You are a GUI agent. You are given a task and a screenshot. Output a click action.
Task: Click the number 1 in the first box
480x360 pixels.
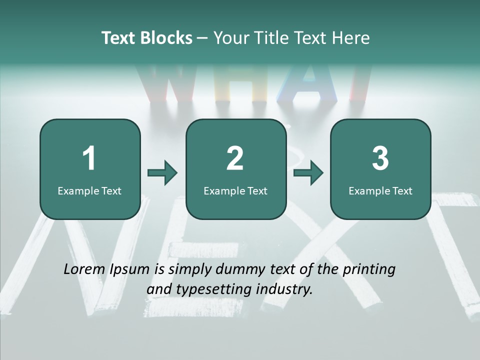coord(89,158)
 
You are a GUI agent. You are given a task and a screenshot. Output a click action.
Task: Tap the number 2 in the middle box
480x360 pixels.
coord(235,158)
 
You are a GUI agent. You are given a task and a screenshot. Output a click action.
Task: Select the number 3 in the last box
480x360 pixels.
coord(380,158)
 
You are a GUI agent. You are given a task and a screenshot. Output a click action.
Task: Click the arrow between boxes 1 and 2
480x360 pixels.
coord(162,173)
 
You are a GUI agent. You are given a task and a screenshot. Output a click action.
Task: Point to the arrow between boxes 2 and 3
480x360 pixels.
coord(308,173)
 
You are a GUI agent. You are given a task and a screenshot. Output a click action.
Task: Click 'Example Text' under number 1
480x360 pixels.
coord(89,191)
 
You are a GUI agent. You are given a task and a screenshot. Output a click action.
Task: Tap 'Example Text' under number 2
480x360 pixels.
coord(235,191)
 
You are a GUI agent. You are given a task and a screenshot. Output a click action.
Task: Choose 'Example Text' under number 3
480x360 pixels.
coord(380,191)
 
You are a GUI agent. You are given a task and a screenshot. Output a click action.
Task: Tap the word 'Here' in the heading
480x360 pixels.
coord(351,38)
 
